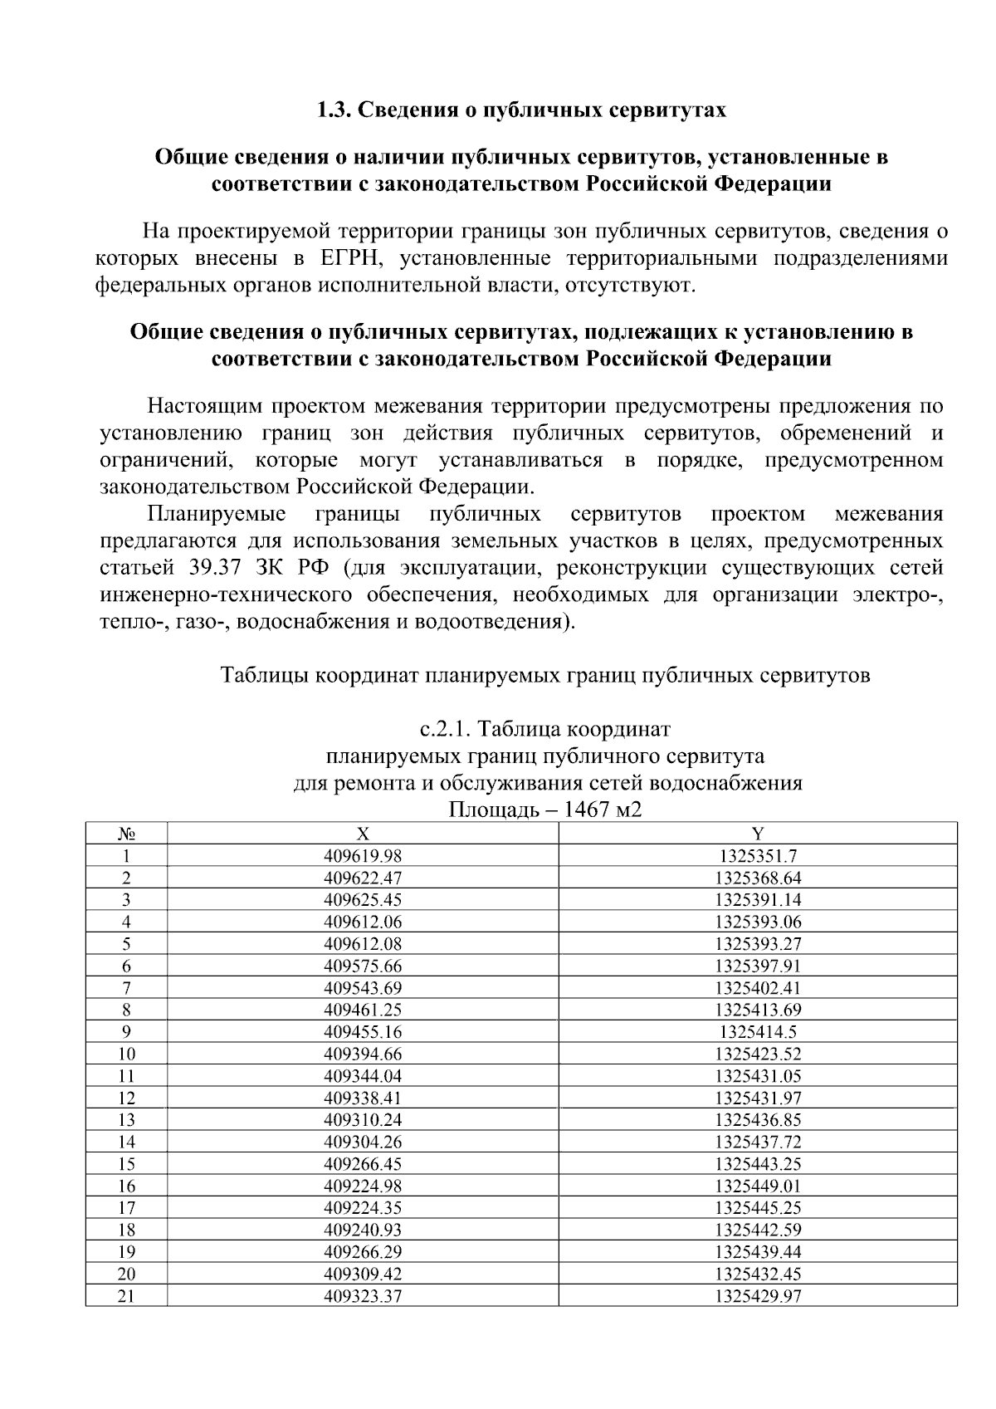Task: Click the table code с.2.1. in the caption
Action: (x=447, y=730)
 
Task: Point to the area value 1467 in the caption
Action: (x=585, y=809)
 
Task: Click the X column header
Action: (x=363, y=834)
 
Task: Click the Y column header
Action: (x=758, y=834)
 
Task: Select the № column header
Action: (x=126, y=834)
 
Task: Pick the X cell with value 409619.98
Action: (x=363, y=856)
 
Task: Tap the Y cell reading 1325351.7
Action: (x=758, y=856)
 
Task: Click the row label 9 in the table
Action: (x=126, y=1032)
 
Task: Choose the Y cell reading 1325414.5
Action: (x=758, y=1032)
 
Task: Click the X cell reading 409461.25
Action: (x=363, y=1010)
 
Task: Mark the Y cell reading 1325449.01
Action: (x=758, y=1186)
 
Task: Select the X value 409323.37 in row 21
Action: (x=363, y=1296)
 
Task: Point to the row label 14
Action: (x=126, y=1142)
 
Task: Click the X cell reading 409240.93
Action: (x=363, y=1230)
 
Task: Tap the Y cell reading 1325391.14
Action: (x=758, y=900)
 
